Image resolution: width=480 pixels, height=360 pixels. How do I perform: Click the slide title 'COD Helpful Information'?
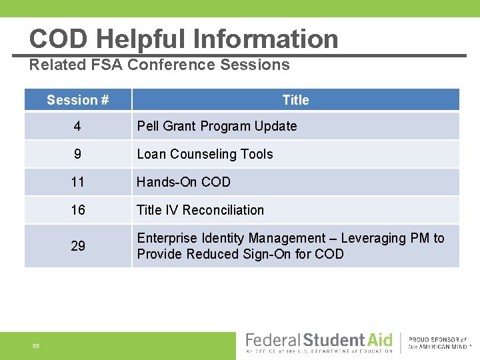[x=183, y=39]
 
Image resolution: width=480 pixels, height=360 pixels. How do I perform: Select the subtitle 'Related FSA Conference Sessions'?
[x=159, y=65]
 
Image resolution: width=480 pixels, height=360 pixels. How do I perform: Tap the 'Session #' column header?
[x=78, y=100]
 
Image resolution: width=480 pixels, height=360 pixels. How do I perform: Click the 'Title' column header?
[x=295, y=100]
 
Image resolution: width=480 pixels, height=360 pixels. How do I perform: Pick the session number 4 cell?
[x=78, y=126]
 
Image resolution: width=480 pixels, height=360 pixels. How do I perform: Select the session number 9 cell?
[x=78, y=154]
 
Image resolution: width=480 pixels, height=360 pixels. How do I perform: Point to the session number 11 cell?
[x=78, y=182]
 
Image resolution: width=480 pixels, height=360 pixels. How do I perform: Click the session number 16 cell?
[x=78, y=210]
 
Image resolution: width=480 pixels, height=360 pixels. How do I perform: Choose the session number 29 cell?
[x=78, y=246]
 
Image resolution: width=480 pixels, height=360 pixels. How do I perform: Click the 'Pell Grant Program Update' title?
[x=217, y=126]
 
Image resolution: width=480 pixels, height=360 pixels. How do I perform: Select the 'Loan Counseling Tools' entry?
[x=205, y=154]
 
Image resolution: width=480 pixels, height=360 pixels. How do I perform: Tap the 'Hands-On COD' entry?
[x=183, y=182]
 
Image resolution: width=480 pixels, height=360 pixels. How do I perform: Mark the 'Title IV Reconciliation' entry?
[x=200, y=210]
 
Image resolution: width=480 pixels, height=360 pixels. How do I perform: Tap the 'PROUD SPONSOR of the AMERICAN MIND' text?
[x=438, y=343]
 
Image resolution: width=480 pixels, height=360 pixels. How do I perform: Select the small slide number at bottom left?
[x=36, y=345]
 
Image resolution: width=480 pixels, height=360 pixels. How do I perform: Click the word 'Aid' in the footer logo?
[x=379, y=340]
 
